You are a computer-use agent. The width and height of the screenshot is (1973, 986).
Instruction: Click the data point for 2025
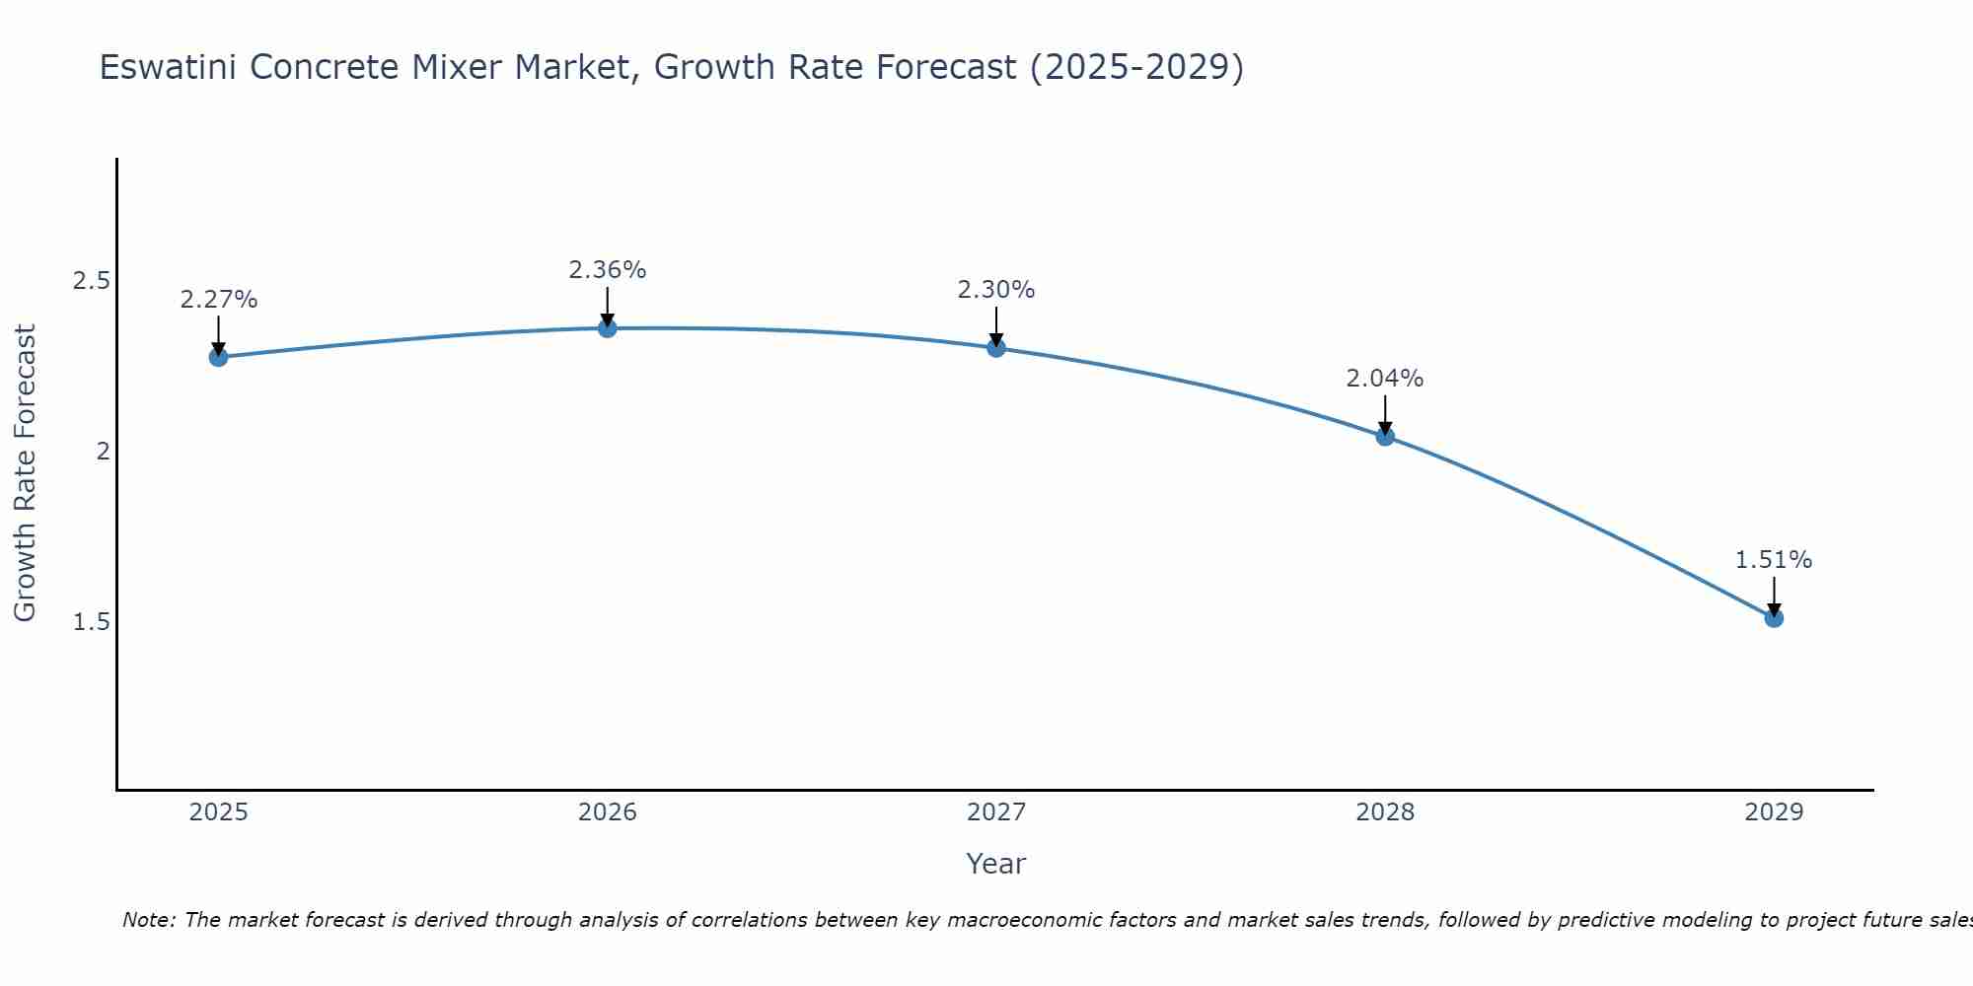219,357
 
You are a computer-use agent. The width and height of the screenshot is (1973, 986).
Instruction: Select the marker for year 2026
608,328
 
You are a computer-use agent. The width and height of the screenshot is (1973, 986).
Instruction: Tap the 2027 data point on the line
996,348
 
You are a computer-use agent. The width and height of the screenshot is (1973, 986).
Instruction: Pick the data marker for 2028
1385,436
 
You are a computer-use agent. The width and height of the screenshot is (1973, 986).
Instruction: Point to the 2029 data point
1774,618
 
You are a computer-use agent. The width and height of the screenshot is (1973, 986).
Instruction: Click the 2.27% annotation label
219,300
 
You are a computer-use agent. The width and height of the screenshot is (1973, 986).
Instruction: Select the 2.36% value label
608,270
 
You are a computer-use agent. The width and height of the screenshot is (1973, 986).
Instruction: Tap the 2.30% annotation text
996,290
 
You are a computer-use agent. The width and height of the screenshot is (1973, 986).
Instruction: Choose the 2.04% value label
1385,379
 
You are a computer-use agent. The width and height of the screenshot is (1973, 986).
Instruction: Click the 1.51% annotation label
1774,560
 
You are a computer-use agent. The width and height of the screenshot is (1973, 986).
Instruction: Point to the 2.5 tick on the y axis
91,281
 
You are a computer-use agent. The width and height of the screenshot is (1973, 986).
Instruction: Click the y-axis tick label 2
102,452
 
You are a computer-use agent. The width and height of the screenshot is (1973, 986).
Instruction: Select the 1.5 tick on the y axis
91,622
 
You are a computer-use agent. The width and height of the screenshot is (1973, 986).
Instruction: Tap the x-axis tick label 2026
608,812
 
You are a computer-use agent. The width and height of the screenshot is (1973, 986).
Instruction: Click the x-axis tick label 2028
1385,812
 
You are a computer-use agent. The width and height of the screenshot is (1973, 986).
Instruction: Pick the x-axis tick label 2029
1774,812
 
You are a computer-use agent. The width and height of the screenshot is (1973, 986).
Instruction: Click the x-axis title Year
996,864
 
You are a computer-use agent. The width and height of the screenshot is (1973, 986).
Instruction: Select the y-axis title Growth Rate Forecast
25,473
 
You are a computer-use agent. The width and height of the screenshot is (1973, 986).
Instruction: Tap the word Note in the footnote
147,920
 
